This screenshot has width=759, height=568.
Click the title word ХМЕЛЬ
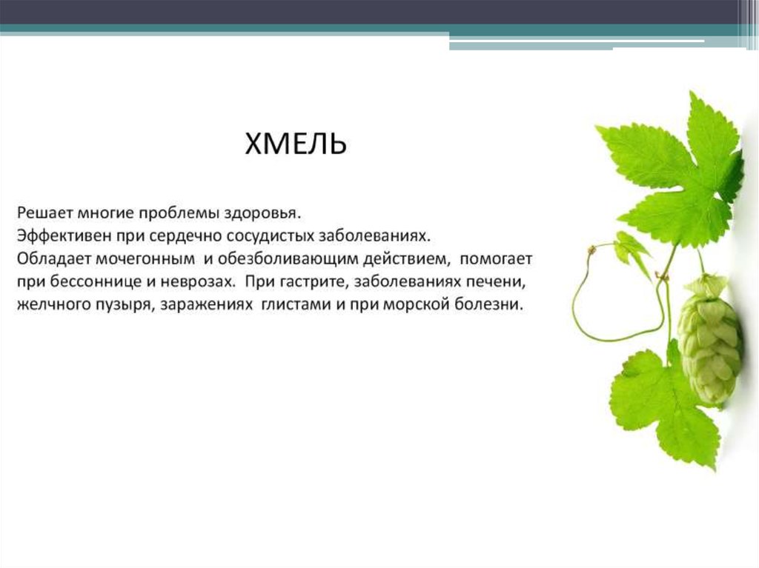[296, 143]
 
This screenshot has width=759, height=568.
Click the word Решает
[44, 213]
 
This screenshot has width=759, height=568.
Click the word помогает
[496, 259]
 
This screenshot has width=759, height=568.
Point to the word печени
[497, 282]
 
